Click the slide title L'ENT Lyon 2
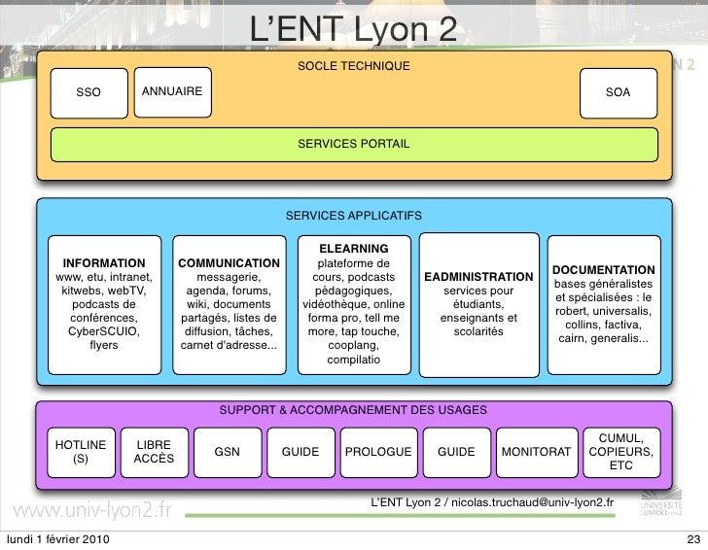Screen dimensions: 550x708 click(x=354, y=29)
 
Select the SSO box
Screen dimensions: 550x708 click(x=88, y=92)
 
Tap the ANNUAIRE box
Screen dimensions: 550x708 click(x=172, y=91)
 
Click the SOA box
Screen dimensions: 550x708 click(x=618, y=92)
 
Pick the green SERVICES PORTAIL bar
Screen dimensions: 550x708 click(x=354, y=144)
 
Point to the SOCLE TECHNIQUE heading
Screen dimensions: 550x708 click(x=354, y=66)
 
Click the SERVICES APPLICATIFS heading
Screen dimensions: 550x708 click(x=354, y=215)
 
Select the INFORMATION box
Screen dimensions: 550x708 click(x=105, y=303)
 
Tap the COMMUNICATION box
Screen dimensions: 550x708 click(x=229, y=303)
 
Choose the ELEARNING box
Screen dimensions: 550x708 click(x=353, y=303)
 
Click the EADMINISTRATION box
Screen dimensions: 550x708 click(x=478, y=303)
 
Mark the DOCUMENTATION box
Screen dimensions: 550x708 click(x=603, y=303)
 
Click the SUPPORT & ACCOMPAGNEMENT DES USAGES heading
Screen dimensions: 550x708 click(x=354, y=411)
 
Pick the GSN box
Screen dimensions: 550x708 click(x=227, y=452)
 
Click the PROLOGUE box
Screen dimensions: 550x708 click(x=378, y=452)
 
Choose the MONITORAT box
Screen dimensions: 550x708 click(x=536, y=452)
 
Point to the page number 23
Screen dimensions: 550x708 click(x=692, y=539)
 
